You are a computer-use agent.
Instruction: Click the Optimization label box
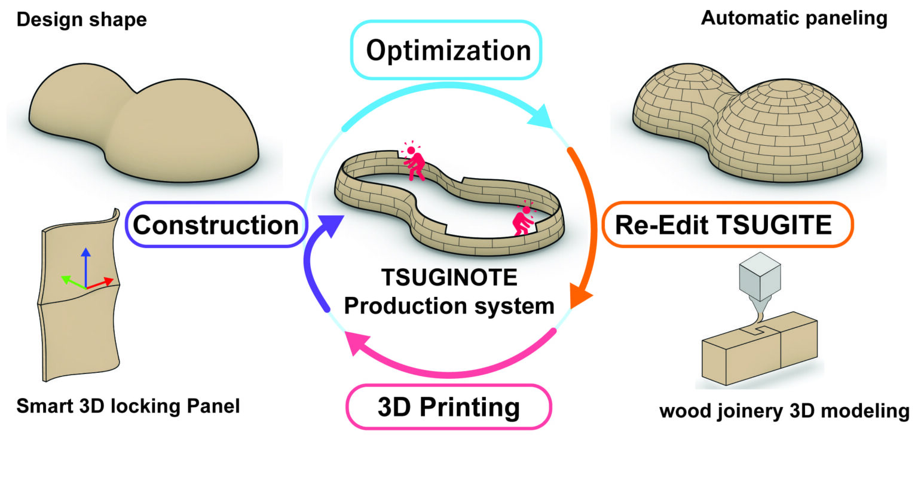coord(448,50)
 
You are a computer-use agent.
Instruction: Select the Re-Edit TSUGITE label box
coord(727,225)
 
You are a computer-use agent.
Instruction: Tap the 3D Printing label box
coord(448,407)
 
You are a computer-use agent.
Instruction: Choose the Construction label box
coord(215,225)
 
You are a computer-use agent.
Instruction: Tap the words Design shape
coord(81,20)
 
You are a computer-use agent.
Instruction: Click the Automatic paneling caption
coord(794,18)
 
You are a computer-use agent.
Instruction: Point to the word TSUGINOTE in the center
coord(449,278)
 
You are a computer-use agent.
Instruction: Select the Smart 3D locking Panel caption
coord(128,406)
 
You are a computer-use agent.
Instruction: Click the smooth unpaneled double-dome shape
coord(143,125)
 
